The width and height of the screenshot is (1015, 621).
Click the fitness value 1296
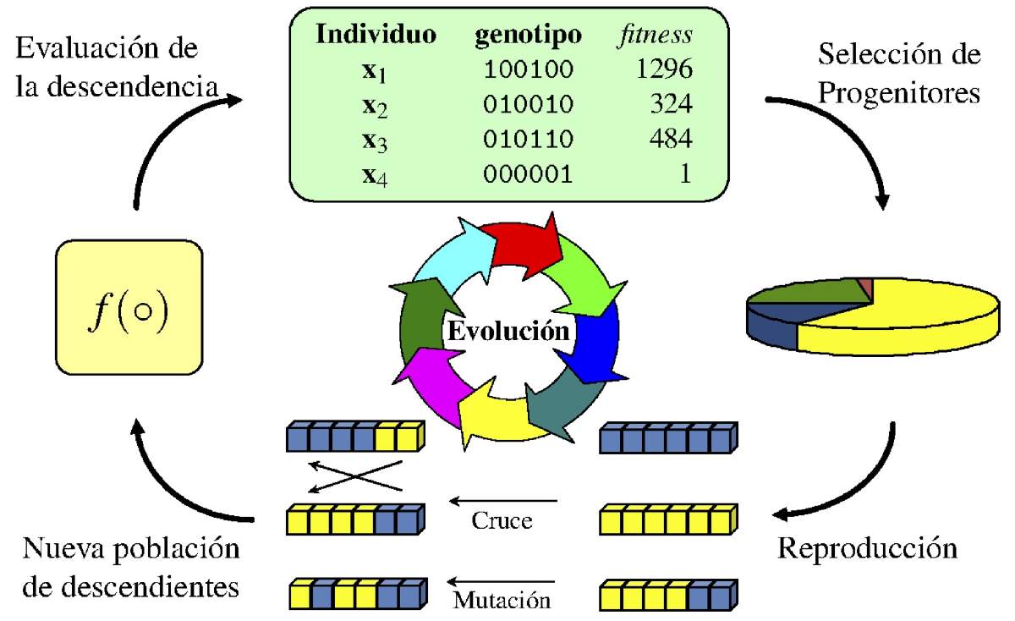[x=664, y=70]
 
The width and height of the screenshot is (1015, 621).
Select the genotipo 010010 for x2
[x=529, y=105]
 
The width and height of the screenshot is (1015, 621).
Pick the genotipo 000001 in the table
[x=529, y=173]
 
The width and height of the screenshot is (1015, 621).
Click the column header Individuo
[x=376, y=36]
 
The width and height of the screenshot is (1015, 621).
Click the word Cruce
[x=502, y=520]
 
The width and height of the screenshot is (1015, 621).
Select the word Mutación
[x=502, y=601]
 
